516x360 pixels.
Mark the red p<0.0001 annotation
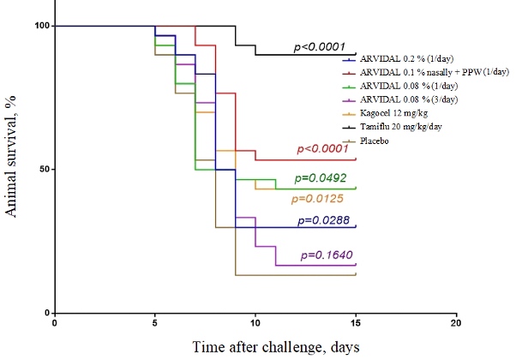coord(326,149)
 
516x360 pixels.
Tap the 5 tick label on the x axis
coord(155,323)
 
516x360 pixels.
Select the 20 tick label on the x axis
coord(456,323)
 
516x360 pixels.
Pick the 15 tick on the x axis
coord(356,323)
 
